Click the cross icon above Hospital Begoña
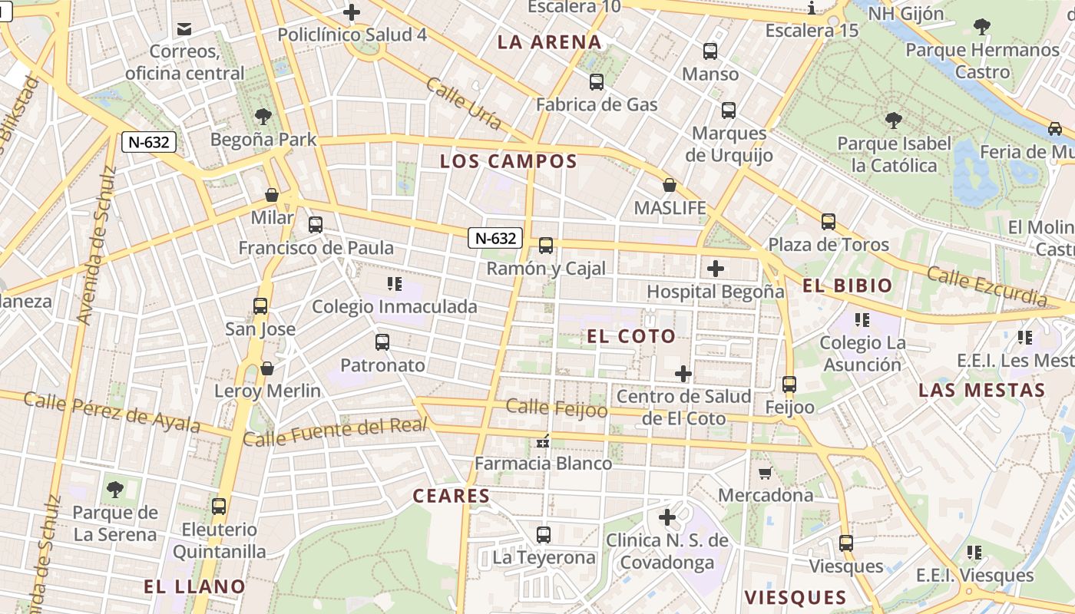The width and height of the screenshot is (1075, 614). pyautogui.click(x=716, y=269)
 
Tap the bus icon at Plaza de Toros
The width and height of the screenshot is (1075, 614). pyautogui.click(x=828, y=222)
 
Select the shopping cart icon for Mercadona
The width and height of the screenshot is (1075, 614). pyautogui.click(x=765, y=473)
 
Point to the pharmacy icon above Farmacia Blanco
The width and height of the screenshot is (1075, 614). pyautogui.click(x=543, y=441)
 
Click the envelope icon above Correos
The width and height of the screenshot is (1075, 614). pyautogui.click(x=184, y=29)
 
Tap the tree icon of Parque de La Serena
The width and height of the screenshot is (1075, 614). pyautogui.click(x=115, y=489)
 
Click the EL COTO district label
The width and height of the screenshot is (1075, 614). pyautogui.click(x=631, y=336)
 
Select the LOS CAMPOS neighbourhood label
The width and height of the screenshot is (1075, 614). pyautogui.click(x=508, y=161)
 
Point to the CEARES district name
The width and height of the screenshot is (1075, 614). pyautogui.click(x=451, y=496)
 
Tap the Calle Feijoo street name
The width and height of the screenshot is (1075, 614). pyautogui.click(x=557, y=408)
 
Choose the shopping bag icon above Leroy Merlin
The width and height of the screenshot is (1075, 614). pyautogui.click(x=267, y=368)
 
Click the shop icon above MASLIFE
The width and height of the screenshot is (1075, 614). pyautogui.click(x=670, y=185)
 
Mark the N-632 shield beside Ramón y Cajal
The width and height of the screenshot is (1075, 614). pyautogui.click(x=496, y=238)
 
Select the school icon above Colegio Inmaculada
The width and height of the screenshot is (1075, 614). pyautogui.click(x=395, y=285)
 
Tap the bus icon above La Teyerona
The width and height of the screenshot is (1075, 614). pyautogui.click(x=544, y=534)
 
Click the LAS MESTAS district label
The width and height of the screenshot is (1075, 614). pyautogui.click(x=982, y=390)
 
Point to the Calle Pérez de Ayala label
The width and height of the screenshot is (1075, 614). pyautogui.click(x=112, y=412)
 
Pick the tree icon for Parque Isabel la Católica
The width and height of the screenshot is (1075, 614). pyautogui.click(x=893, y=120)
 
